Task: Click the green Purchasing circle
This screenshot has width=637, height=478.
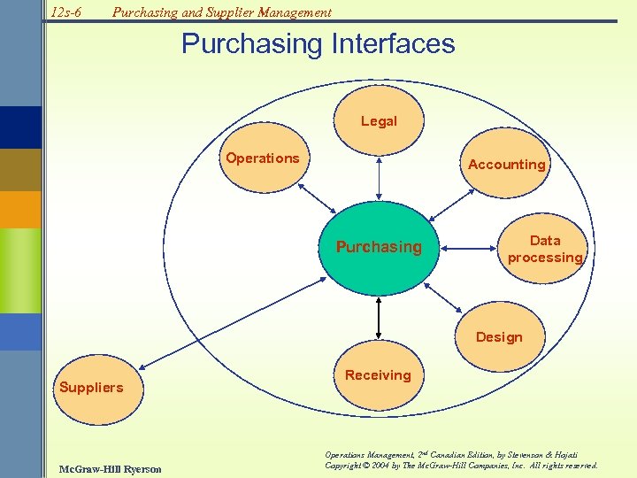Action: pyautogui.click(x=378, y=247)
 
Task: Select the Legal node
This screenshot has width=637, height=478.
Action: pyautogui.click(x=379, y=121)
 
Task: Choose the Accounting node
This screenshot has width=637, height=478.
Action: pyautogui.click(x=507, y=165)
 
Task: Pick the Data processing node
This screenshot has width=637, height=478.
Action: pyautogui.click(x=545, y=250)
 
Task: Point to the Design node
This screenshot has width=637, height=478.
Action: pyautogui.click(x=499, y=337)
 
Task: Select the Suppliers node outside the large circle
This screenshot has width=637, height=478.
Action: pyautogui.click(x=91, y=388)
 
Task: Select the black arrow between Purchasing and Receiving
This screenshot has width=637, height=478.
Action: pyautogui.click(x=379, y=316)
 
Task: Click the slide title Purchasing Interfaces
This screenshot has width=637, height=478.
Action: pyautogui.click(x=318, y=43)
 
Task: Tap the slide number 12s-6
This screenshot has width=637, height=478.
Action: pyautogui.click(x=65, y=12)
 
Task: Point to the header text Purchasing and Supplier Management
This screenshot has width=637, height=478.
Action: pyautogui.click(x=221, y=12)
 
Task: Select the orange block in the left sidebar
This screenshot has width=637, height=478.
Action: pyautogui.click(x=20, y=210)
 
